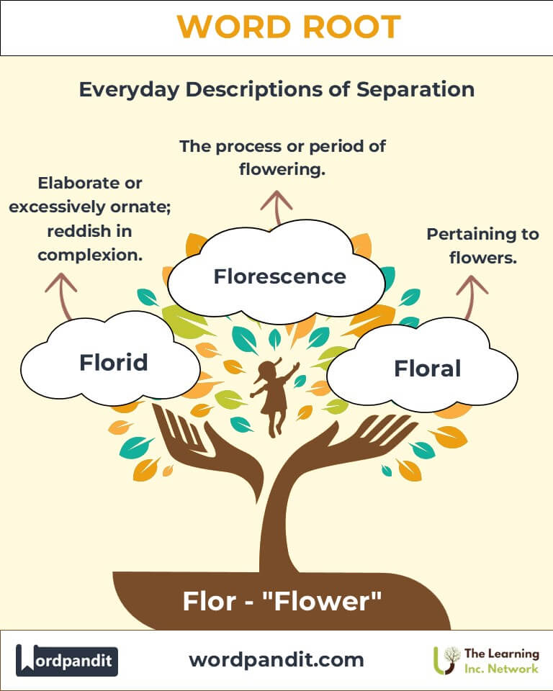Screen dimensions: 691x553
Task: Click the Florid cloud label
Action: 113,362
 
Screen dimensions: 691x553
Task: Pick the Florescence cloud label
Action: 279,276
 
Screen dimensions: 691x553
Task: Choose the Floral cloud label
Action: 427,369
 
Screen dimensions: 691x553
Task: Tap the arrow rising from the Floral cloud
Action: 473,292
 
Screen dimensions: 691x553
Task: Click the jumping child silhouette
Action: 274,396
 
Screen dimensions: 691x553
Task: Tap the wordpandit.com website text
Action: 276,659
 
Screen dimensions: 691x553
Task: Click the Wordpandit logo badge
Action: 67,659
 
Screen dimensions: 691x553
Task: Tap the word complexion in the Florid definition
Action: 89,255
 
